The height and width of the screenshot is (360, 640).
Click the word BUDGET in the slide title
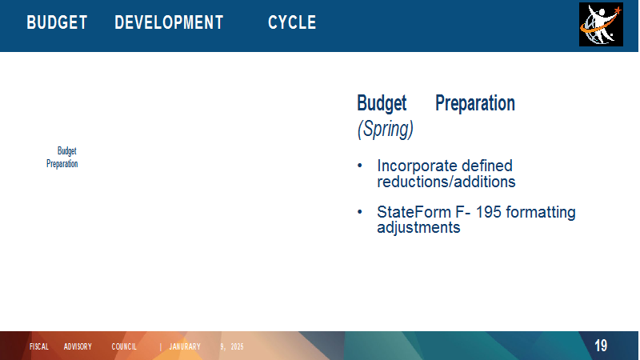tap(57, 22)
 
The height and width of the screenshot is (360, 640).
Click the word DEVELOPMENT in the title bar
tap(169, 22)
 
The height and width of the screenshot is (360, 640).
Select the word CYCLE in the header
tap(292, 22)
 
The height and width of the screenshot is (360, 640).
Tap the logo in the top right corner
tap(601, 24)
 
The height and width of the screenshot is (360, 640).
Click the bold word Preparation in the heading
tap(475, 103)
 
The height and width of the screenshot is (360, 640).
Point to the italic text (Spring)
tap(386, 129)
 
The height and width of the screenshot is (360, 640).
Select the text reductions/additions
tap(446, 182)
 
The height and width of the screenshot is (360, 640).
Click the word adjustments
tap(418, 227)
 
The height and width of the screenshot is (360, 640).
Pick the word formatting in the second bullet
tap(541, 212)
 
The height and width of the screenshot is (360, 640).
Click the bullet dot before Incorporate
tap(359, 166)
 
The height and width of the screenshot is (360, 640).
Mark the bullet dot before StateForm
tap(359, 212)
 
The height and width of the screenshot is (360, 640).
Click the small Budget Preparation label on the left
tap(62, 157)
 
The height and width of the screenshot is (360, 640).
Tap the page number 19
tap(601, 346)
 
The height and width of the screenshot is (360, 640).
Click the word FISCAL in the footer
tap(39, 347)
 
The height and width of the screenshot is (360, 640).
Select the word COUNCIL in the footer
tap(124, 347)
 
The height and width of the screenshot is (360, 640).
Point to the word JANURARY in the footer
tap(185, 347)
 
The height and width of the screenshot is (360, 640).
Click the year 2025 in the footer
tap(237, 347)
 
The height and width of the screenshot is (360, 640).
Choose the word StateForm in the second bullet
tap(414, 212)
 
